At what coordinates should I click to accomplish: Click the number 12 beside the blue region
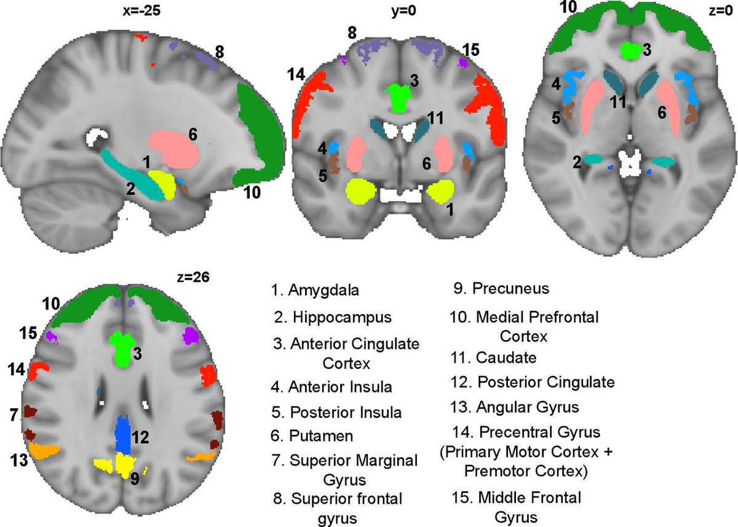click(x=141, y=438)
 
